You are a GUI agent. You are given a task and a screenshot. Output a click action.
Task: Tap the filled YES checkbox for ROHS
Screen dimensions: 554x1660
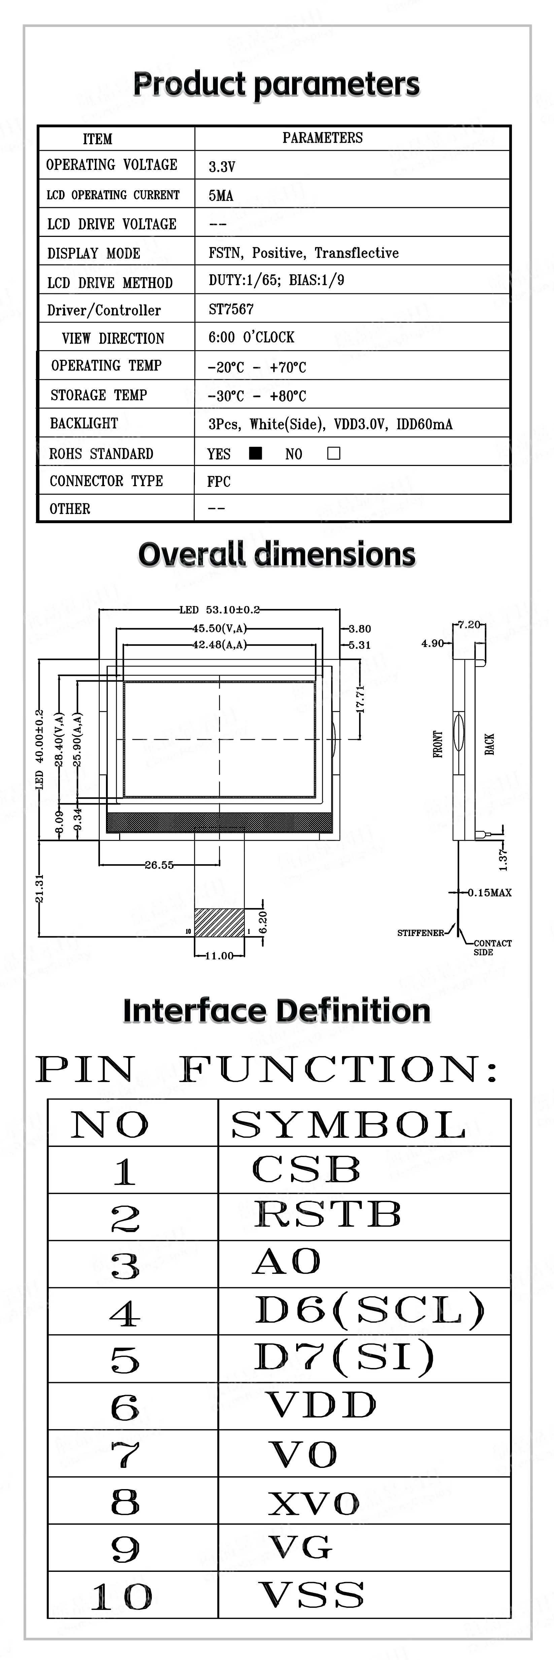255,453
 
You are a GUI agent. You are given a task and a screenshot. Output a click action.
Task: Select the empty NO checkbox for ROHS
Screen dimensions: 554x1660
334,453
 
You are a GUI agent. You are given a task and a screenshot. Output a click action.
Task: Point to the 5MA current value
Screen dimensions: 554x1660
220,195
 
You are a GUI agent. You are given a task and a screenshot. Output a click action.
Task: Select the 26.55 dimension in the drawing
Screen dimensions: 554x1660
159,865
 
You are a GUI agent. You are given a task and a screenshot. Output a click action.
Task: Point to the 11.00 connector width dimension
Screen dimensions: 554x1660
219,955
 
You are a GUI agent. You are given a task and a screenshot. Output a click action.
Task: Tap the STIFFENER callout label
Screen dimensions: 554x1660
420,933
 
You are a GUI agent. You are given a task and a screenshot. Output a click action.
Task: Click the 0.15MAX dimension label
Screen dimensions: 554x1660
489,893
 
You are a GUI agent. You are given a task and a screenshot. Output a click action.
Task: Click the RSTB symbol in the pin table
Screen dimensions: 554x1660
327,1215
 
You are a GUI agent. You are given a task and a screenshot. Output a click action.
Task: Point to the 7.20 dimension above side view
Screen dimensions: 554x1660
469,624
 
